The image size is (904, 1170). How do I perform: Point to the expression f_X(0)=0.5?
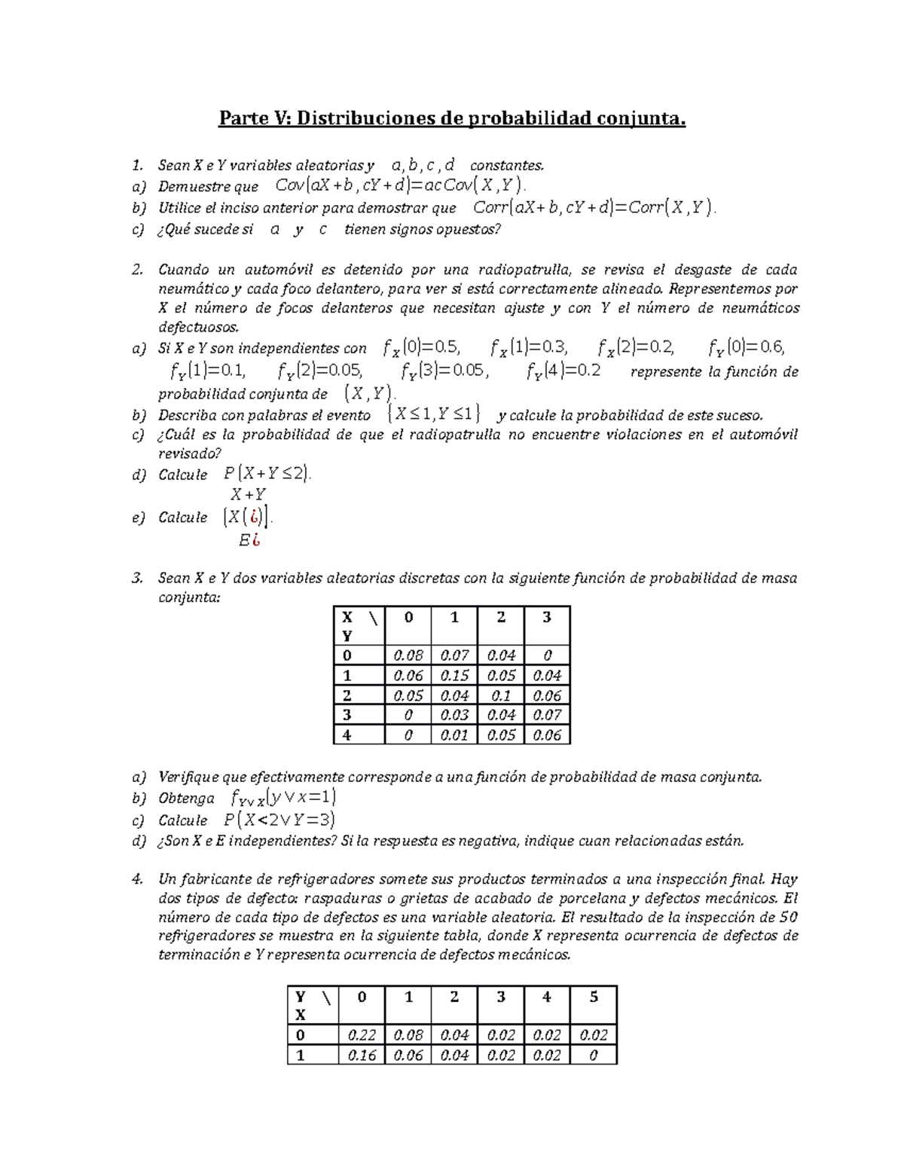[420, 347]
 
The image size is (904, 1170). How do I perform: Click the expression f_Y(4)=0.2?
[563, 371]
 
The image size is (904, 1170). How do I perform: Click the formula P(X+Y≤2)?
[267, 474]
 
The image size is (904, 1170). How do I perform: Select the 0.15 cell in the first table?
[454, 676]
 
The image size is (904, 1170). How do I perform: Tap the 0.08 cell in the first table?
[408, 655]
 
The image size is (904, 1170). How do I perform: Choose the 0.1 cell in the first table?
[501, 695]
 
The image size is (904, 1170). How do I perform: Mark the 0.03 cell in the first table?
[454, 715]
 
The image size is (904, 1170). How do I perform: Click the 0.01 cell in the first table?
[454, 735]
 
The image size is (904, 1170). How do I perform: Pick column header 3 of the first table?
[546, 618]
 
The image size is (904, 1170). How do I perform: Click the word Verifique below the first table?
[191, 777]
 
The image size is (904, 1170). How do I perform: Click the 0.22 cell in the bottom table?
[362, 1035]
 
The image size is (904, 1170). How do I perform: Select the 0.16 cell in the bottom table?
[362, 1055]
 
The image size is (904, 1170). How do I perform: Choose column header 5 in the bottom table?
[594, 997]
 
